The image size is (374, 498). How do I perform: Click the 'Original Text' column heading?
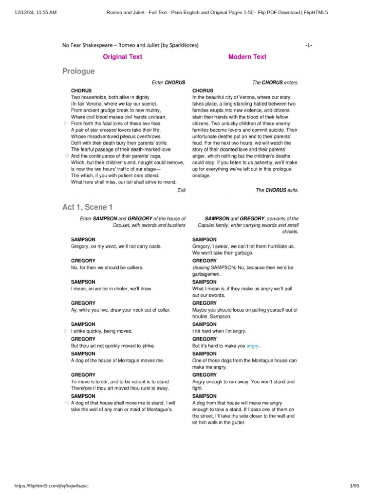tap(122, 57)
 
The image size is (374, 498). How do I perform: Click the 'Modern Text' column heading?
tap(247, 57)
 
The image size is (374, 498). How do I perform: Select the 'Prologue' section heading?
tap(78, 71)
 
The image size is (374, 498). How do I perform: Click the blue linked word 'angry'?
tap(253, 346)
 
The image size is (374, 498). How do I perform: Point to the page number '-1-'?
tap(308, 45)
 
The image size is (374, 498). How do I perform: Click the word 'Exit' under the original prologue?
tap(181, 190)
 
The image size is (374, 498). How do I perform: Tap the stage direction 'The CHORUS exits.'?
tap(277, 190)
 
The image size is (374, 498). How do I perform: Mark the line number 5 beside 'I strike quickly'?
tap(66, 331)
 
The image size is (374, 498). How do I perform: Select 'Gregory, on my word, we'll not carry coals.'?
tap(116, 247)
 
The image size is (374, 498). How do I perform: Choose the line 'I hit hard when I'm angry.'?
tap(219, 331)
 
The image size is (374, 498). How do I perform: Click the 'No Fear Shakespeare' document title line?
tap(130, 45)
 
